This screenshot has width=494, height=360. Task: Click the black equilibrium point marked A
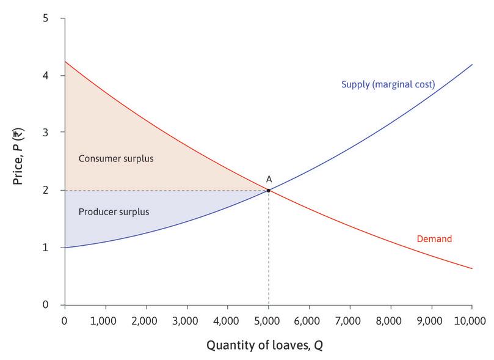(268, 190)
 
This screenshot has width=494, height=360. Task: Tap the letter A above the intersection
(269, 179)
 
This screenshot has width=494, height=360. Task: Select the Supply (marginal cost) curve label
(388, 84)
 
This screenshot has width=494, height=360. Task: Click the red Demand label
(434, 239)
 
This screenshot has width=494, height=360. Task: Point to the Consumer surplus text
(116, 159)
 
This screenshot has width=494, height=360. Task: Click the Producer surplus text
(114, 212)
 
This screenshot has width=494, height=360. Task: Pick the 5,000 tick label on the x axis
(268, 320)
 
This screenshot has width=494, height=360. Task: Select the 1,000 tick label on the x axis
(105, 320)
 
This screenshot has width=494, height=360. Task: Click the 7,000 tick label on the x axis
(350, 320)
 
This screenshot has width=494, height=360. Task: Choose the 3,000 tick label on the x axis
(187, 320)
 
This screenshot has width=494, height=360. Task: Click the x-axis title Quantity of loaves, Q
(264, 345)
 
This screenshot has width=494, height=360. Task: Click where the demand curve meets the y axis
(65, 62)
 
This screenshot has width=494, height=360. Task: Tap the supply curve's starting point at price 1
(65, 248)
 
